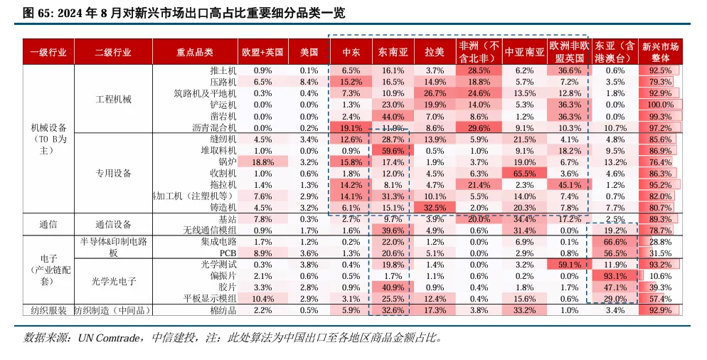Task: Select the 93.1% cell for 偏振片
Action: (615, 275)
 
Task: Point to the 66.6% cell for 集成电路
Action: (615, 242)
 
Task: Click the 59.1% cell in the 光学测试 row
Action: (570, 264)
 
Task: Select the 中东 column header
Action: (351, 52)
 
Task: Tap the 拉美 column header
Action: (435, 52)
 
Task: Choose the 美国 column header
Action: (309, 52)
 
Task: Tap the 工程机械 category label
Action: (113, 99)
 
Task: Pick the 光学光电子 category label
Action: (113, 281)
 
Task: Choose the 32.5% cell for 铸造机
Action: (435, 207)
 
